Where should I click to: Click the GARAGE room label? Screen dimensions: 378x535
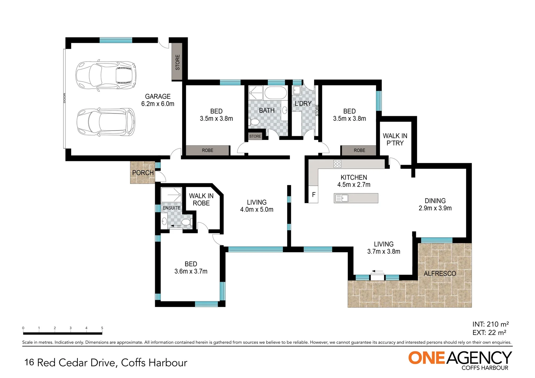pos(158,97)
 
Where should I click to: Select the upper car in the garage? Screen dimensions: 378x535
pos(106,75)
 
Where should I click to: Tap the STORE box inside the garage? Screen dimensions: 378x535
pos(177,62)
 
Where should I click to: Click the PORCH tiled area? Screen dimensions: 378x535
pos(143,173)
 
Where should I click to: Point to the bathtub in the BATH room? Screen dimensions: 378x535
pos(276,93)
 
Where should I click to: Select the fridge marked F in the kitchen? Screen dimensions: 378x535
pos(314,195)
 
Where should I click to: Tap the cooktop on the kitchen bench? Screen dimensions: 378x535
pos(337,163)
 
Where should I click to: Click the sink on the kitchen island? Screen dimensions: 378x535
pos(342,198)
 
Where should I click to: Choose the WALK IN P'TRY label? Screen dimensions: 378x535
pos(395,139)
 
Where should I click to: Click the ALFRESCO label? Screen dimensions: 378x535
pos(440,274)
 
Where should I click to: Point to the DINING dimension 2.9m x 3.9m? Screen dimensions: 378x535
pos(435,208)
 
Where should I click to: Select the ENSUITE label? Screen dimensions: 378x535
pos(171,208)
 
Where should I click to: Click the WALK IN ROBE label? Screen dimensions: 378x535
pos(201,199)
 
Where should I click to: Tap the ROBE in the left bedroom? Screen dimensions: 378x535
pos(207,150)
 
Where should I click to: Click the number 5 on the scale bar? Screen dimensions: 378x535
pos(102,328)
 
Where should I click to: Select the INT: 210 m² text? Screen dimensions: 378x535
pos(490,324)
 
